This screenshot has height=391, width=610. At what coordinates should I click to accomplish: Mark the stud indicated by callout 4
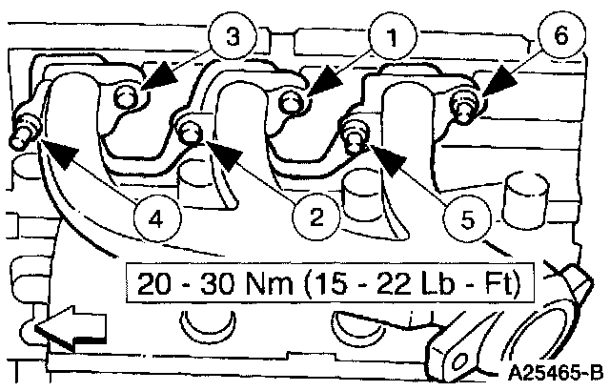(x=24, y=134)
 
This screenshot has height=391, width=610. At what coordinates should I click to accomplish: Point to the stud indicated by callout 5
(x=355, y=134)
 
